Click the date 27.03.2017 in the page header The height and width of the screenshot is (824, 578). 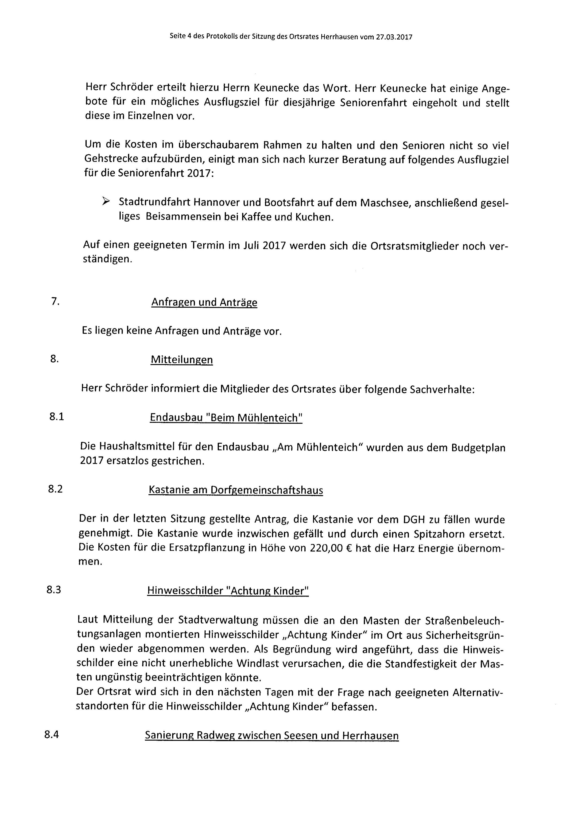394,37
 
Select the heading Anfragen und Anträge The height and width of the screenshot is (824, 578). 204,302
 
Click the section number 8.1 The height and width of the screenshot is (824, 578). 57,417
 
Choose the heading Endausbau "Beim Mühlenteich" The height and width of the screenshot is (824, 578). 226,418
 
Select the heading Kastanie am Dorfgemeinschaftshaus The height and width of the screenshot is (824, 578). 236,490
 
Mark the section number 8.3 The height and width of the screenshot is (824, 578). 54,590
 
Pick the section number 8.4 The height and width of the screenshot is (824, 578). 52,725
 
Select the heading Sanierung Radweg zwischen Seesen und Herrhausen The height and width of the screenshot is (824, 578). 272,726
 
